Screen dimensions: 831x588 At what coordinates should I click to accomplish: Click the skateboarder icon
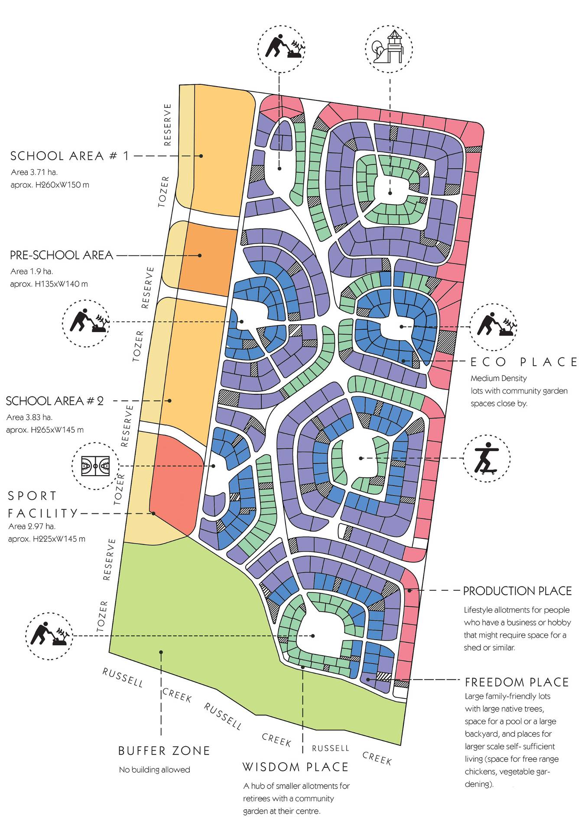[x=486, y=458]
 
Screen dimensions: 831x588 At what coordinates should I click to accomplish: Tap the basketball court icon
[x=95, y=466]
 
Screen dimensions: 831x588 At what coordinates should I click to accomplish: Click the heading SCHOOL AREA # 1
[x=69, y=156]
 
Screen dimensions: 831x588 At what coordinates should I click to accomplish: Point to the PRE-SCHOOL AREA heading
[x=61, y=255]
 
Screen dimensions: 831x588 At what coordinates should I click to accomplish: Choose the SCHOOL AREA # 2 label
[x=55, y=401]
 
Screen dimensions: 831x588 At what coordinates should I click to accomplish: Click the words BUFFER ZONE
[x=164, y=750]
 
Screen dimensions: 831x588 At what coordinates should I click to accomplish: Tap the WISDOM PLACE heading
[x=296, y=767]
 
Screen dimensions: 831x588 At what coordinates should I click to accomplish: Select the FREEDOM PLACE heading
[x=517, y=682]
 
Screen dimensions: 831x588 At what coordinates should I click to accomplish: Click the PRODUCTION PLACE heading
[x=517, y=591]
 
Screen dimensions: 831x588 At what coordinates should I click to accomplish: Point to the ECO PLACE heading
[x=524, y=362]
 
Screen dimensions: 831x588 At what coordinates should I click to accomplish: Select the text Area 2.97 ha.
[x=32, y=526]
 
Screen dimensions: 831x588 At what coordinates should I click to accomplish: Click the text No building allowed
[x=154, y=770]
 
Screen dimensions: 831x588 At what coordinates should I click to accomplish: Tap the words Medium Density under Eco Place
[x=498, y=378]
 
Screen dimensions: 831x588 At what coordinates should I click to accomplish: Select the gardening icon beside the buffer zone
[x=49, y=636]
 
